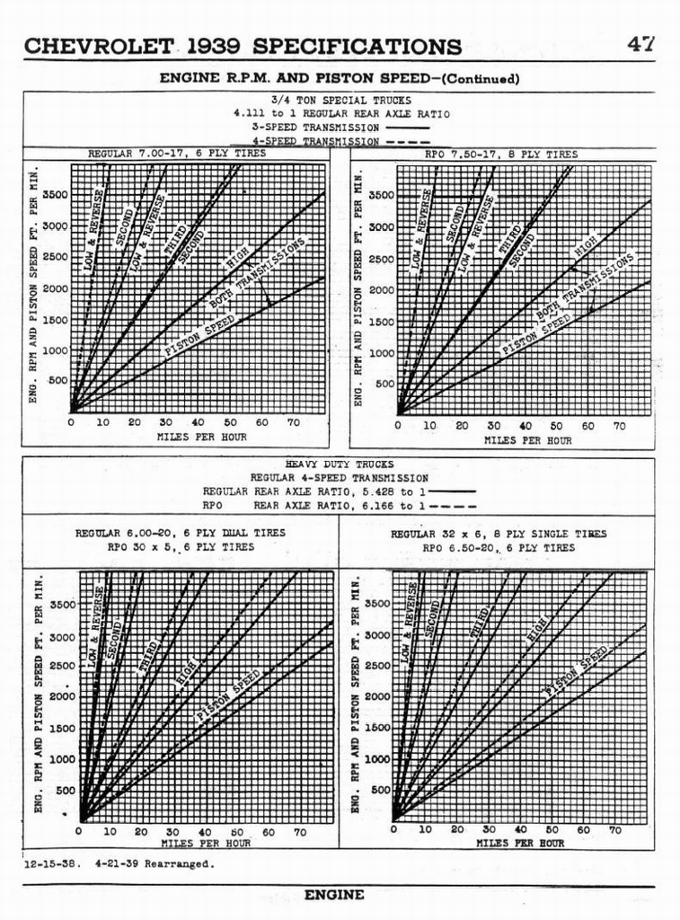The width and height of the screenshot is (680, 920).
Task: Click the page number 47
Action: click(x=641, y=43)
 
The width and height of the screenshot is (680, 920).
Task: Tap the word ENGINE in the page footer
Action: click(x=334, y=895)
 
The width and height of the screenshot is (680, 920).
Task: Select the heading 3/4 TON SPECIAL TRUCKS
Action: click(x=340, y=101)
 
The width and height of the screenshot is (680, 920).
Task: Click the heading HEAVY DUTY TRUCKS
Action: click(x=339, y=464)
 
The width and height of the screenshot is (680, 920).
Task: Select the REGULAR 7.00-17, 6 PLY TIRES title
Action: click(x=176, y=155)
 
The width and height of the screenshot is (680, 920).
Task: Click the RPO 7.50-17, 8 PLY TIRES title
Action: click(x=500, y=155)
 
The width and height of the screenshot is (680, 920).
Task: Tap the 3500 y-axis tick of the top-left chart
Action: click(x=54, y=195)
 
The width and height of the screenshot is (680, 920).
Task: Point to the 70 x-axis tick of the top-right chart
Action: click(x=619, y=426)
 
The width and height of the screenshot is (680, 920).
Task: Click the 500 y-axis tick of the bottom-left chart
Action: click(x=66, y=791)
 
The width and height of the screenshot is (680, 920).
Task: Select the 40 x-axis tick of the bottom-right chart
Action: click(x=520, y=830)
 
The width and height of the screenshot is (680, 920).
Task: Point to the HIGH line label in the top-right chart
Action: click(x=586, y=243)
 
